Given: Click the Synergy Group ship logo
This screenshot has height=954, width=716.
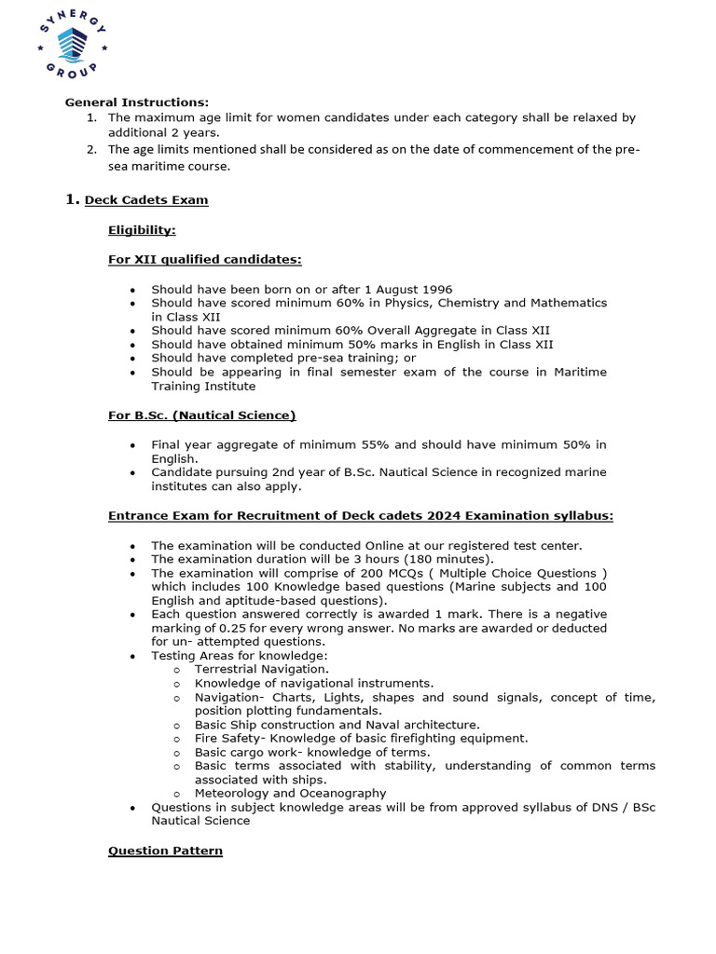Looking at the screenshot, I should pos(71,43).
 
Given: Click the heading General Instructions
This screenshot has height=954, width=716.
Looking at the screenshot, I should pos(136,102).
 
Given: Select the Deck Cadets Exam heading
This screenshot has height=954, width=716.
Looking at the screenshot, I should pos(146,200).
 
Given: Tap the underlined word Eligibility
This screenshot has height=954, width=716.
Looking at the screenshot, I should pos(142,230).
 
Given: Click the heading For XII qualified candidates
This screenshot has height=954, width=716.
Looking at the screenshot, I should pos(204,260).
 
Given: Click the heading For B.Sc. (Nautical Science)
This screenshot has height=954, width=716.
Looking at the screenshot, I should pos(201,415).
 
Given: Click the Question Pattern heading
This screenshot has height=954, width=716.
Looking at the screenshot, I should pos(165,851).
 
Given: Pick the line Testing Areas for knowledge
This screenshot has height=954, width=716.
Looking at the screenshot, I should pos(240,656).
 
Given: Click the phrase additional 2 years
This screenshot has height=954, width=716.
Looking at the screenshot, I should pos(152,132).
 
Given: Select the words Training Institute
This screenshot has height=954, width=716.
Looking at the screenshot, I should pos(202,386).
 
